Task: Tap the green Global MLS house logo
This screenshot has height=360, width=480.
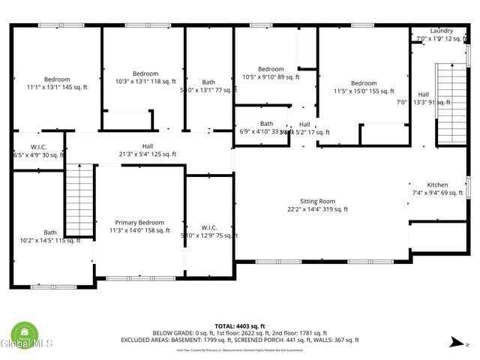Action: pos(25,332)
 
